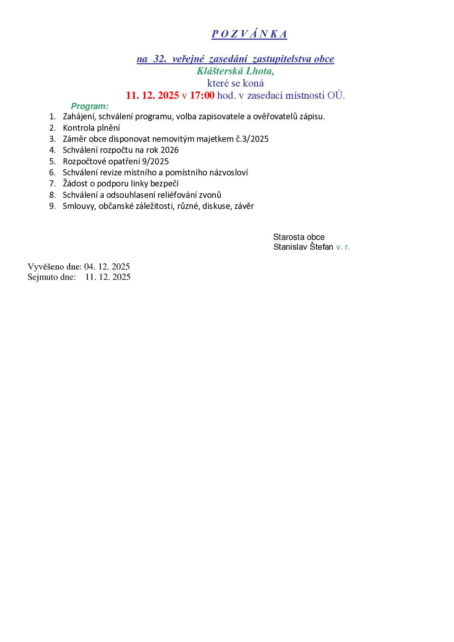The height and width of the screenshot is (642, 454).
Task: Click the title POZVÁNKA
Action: coord(249,34)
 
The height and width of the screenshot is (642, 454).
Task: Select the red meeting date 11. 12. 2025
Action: coord(152,95)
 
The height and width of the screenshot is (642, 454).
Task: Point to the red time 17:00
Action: coord(202,95)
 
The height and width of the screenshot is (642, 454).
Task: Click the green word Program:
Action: coord(90,106)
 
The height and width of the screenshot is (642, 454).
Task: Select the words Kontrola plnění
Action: coord(91,128)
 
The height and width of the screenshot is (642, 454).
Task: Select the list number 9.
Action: coord(53,206)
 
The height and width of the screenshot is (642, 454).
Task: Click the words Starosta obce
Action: coord(299,237)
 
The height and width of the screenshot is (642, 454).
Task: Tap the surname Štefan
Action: coord(321,247)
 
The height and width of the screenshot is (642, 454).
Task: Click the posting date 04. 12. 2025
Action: coord(107,266)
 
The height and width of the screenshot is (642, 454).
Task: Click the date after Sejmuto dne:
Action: coord(108,277)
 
